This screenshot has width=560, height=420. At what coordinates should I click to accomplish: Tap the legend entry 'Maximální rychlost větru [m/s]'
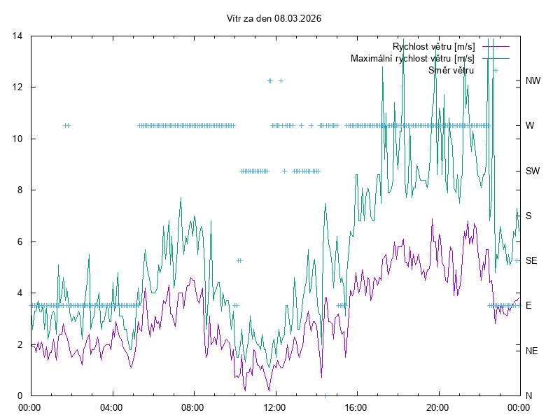[412, 59]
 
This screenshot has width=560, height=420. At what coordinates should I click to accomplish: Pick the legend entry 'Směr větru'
[451, 70]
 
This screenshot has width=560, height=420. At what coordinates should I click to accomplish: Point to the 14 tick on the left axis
[19, 36]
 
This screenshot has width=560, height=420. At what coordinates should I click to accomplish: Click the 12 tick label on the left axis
[19, 87]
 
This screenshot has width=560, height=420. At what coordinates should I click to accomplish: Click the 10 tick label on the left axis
[19, 139]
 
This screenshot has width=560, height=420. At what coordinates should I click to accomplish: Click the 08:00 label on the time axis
[192, 407]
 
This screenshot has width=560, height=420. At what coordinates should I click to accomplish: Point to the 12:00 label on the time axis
[274, 407]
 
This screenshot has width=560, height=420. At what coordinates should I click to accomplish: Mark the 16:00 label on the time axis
[356, 407]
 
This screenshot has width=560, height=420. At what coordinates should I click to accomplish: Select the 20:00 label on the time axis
[437, 407]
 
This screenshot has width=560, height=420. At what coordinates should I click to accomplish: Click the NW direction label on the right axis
[533, 81]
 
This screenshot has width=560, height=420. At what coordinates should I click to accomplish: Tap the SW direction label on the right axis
[533, 171]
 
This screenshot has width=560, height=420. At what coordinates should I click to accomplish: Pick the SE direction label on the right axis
[531, 260]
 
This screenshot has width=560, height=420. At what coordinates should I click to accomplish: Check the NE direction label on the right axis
[531, 351]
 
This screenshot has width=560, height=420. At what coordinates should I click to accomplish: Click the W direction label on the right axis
[530, 126]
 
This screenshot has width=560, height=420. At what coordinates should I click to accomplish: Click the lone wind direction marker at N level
[325, 395]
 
